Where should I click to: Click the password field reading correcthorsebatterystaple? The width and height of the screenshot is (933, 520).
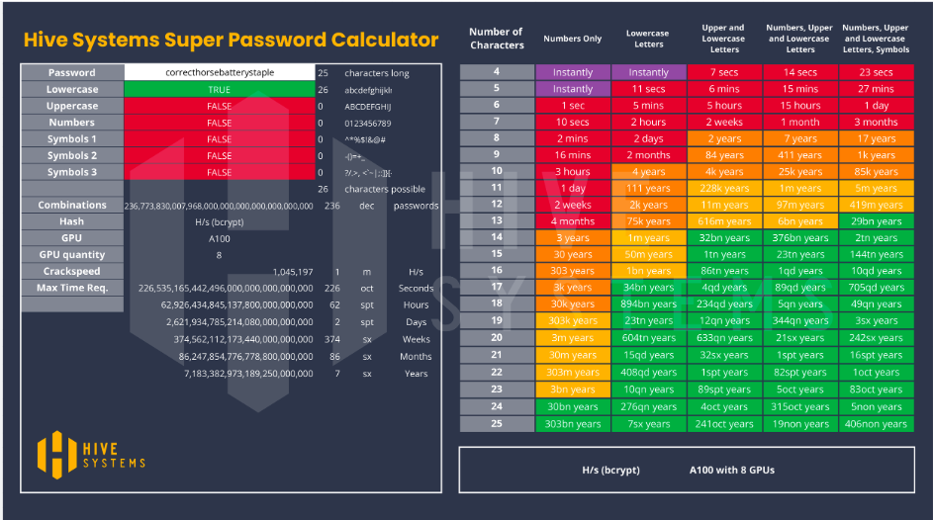pos(219,73)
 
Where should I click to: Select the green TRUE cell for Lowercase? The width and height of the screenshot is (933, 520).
pos(219,90)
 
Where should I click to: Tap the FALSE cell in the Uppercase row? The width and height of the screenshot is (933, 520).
pos(219,107)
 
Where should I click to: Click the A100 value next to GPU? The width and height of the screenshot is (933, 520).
pos(219,238)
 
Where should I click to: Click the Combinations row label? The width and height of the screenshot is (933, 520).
pos(72,206)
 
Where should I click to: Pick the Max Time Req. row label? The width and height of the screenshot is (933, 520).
pos(72,288)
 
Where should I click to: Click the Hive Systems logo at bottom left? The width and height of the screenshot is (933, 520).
pos(91,453)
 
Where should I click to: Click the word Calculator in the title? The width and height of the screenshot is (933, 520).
pos(382,41)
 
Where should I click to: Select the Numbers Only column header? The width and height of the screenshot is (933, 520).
pos(573,40)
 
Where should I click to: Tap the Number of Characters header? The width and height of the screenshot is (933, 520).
pos(497,39)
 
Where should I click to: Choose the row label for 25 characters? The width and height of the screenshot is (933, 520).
pos(497,423)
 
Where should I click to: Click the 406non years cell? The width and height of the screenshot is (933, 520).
pos(876,424)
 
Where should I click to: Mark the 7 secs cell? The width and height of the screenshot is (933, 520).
pos(724,72)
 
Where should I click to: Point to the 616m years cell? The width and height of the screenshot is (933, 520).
pos(724,221)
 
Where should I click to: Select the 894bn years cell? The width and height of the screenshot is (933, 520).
pos(648,304)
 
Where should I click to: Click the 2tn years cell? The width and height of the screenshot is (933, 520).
pos(876,238)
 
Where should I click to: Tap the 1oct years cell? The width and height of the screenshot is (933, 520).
pos(876,373)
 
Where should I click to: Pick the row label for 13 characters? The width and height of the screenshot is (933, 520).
pos(497,220)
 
